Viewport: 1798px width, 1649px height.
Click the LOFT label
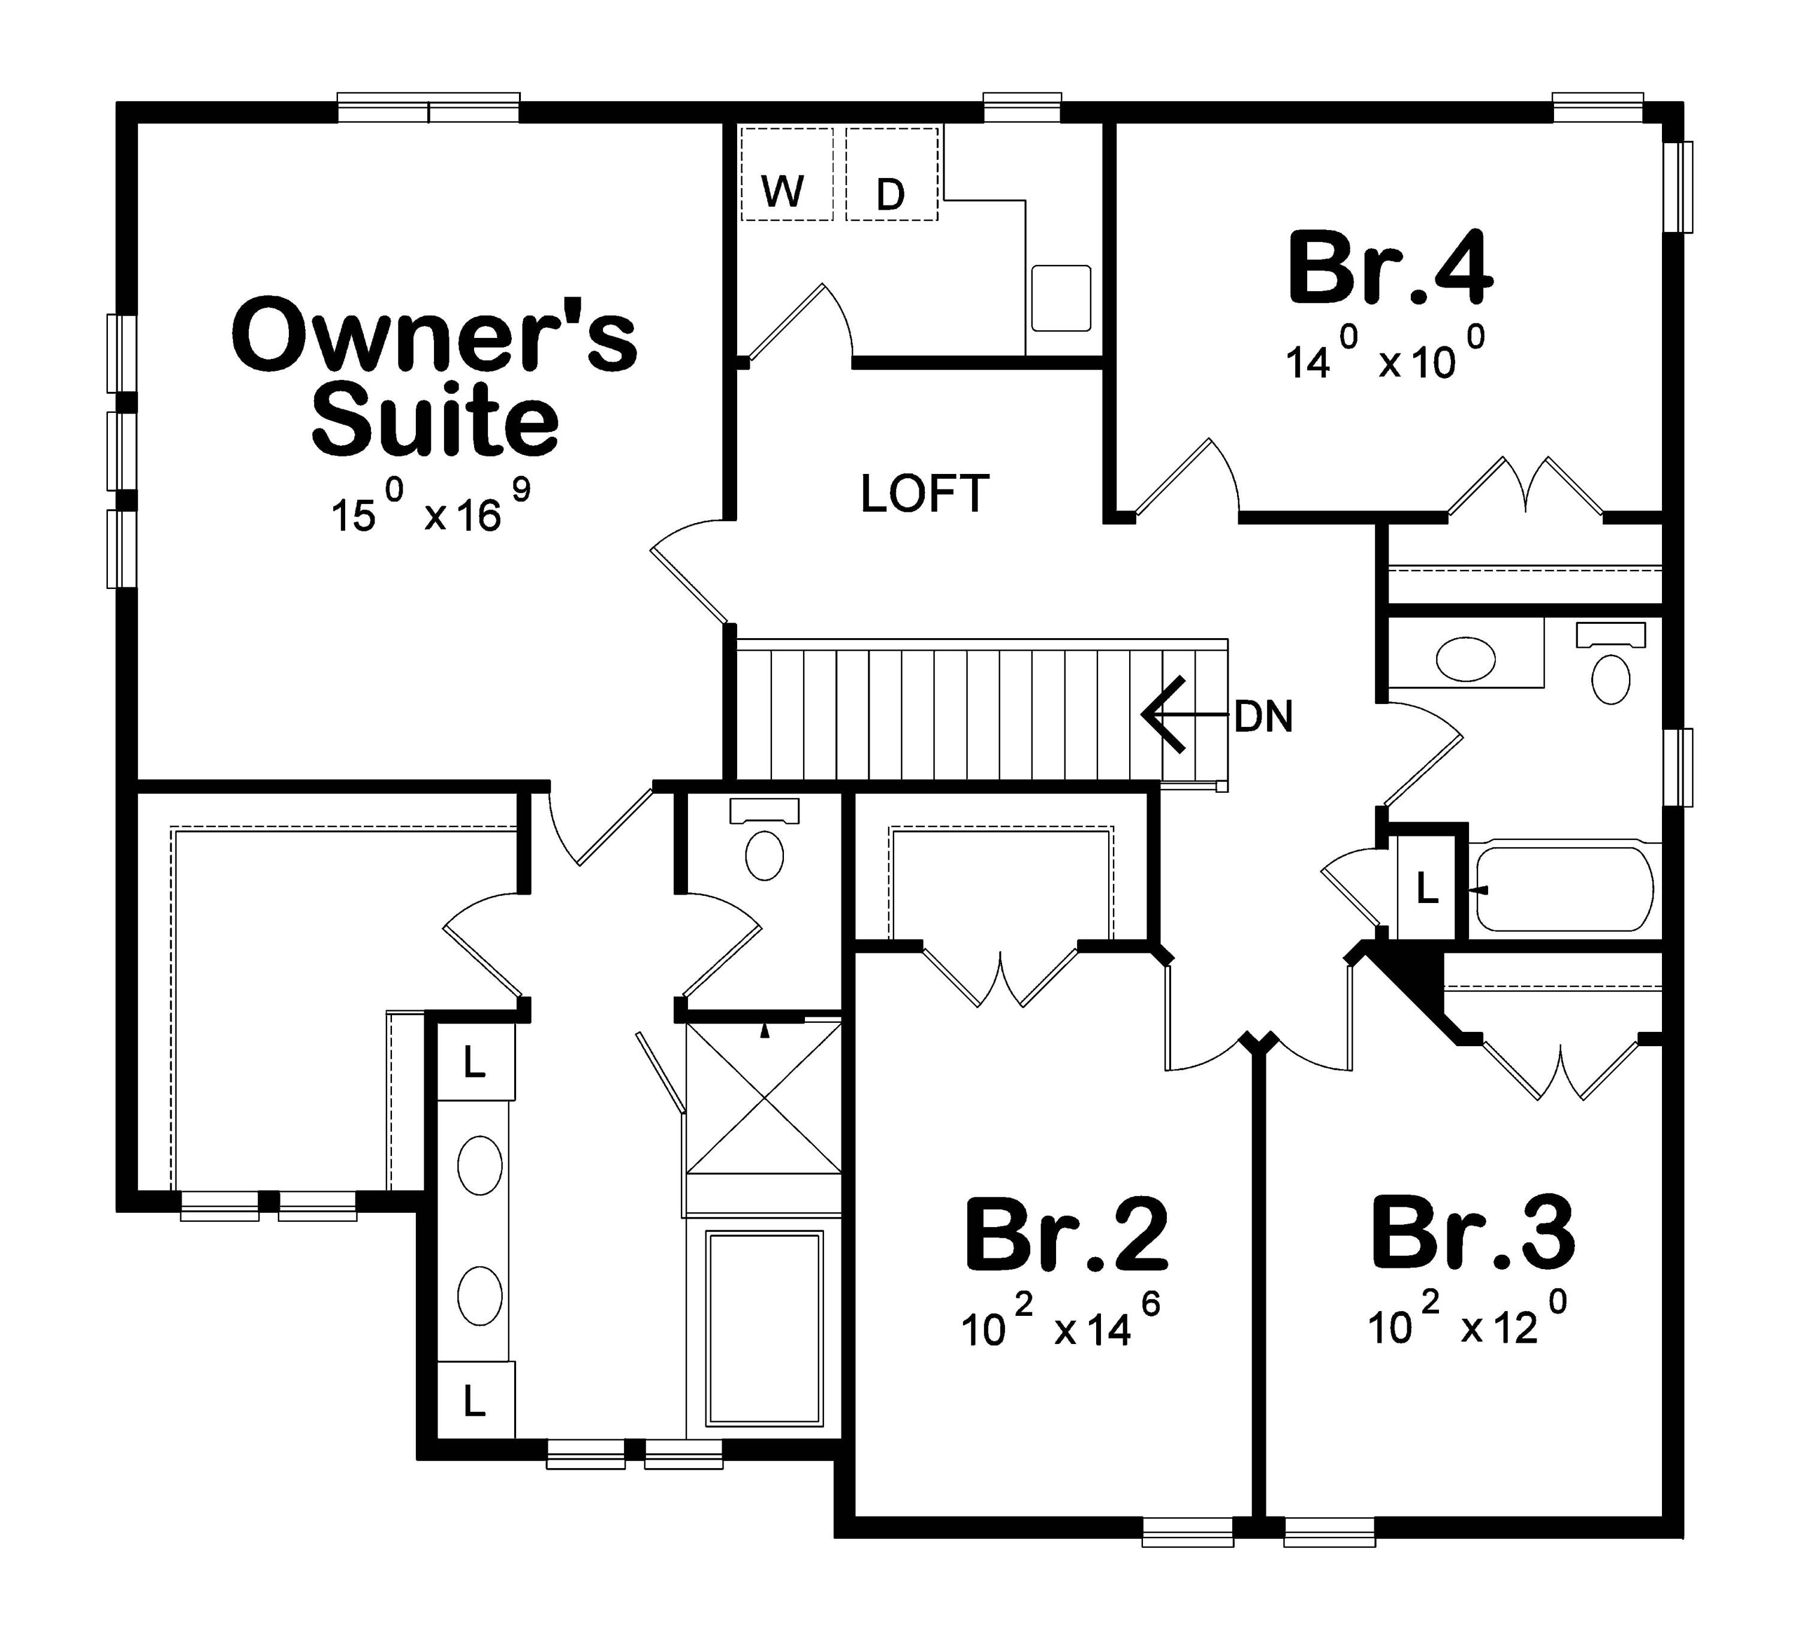pos(924,494)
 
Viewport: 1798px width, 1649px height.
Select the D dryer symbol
pos(889,194)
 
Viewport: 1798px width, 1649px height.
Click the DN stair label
pos(1263,717)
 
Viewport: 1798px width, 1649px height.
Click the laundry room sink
pos(1061,298)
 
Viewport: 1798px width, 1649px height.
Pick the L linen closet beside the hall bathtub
pos(1427,889)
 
